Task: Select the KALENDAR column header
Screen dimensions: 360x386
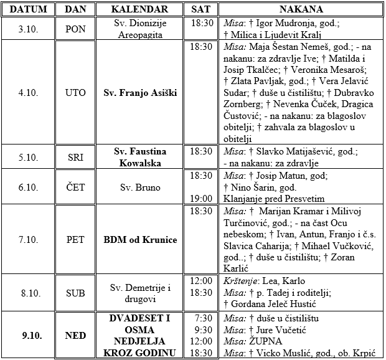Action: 139,9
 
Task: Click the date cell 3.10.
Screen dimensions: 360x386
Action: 29,29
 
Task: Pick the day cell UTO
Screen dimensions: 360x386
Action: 76,93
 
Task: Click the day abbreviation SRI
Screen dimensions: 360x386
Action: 76,158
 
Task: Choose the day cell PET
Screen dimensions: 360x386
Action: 76,240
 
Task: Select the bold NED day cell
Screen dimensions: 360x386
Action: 76,336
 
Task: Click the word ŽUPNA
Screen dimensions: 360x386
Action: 265,342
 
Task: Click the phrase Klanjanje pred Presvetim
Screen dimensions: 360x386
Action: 273,199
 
